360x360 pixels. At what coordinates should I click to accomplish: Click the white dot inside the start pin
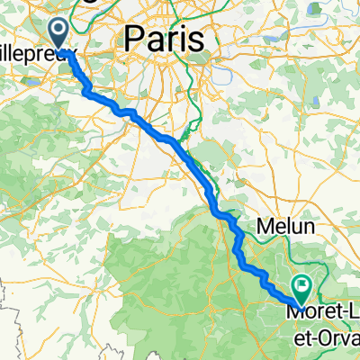pos(60,30)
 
